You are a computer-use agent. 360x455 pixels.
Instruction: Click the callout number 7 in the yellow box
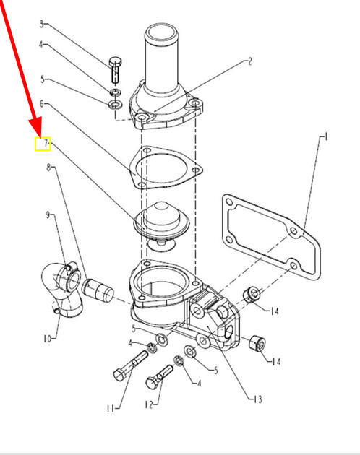(46, 143)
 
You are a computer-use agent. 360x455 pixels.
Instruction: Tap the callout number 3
(42, 24)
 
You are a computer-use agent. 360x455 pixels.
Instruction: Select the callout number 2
(249, 61)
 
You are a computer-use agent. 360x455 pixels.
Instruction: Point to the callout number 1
(326, 136)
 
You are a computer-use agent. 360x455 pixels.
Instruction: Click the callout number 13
(257, 399)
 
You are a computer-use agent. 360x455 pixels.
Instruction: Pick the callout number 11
(111, 408)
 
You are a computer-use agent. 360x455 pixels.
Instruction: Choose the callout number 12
(148, 404)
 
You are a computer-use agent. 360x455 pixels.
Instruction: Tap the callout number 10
(47, 338)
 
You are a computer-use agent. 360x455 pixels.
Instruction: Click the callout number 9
(48, 215)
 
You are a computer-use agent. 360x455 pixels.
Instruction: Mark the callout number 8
(49, 168)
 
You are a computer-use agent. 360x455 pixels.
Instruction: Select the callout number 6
(42, 103)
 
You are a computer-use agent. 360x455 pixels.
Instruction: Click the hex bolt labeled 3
(116, 69)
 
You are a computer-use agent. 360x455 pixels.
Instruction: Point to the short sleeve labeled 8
(98, 290)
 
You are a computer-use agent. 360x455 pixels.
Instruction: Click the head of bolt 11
(120, 375)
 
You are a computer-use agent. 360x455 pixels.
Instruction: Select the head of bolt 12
(153, 382)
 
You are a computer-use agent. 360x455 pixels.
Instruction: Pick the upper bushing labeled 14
(252, 294)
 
